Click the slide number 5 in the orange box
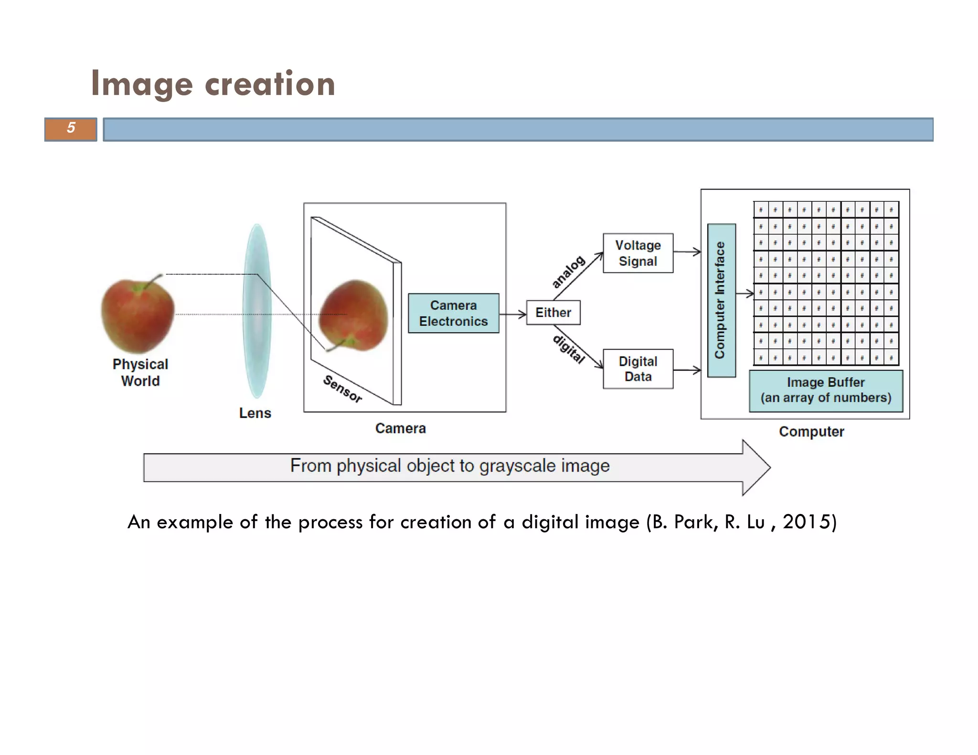pyautogui.click(x=71, y=128)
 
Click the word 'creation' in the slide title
pyautogui.click(x=270, y=84)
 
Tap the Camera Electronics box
pyautogui.click(x=453, y=313)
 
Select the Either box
pyautogui.click(x=553, y=313)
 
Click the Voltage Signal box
pyautogui.click(x=638, y=253)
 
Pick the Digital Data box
pyautogui.click(x=638, y=369)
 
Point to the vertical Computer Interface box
pyautogui.click(x=721, y=300)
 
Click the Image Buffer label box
pyautogui.click(x=825, y=390)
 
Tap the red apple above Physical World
pyautogui.click(x=138, y=315)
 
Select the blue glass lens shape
pyautogui.click(x=257, y=310)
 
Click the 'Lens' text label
pyautogui.click(x=255, y=413)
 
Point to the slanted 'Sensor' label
pyautogui.click(x=342, y=389)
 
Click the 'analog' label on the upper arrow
pyautogui.click(x=568, y=272)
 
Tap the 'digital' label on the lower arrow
pyautogui.click(x=569, y=349)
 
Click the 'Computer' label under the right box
pyautogui.click(x=811, y=431)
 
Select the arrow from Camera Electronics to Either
pyautogui.click(x=512, y=314)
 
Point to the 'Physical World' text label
pyautogui.click(x=140, y=372)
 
